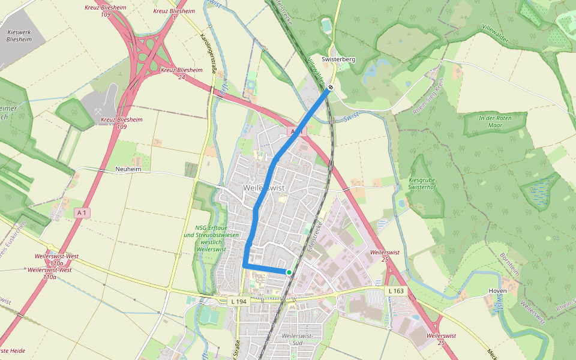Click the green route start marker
pos(289,272)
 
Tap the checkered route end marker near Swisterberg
pos(330,88)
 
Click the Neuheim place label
pos(127,170)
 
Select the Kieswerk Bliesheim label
pos(19,34)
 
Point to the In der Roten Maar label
pos(495,122)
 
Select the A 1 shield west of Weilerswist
pos(82,212)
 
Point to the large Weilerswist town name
pos(264,188)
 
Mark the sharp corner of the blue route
pos(244,265)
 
